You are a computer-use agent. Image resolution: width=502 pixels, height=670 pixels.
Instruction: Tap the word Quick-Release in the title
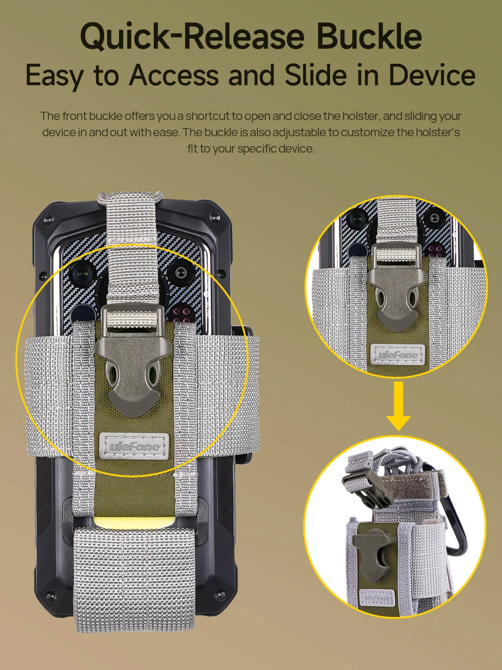192,37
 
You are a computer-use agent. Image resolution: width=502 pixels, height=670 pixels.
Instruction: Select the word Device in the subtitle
432,75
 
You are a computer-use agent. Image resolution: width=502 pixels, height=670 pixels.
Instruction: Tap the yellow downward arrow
398,406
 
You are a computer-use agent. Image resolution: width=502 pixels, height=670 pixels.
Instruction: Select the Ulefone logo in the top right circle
397,354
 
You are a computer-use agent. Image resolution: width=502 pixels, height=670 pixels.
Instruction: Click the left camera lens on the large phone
81,273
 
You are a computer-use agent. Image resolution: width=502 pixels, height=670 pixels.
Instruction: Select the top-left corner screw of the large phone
47,219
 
